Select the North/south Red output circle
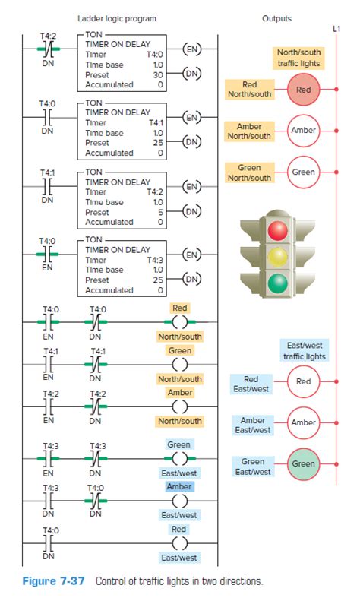coord(304,89)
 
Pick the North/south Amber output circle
coord(304,131)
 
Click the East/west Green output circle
coord(304,463)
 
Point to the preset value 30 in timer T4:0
coord(158,74)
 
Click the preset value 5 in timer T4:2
coord(159,211)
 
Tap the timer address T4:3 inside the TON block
coord(155,259)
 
